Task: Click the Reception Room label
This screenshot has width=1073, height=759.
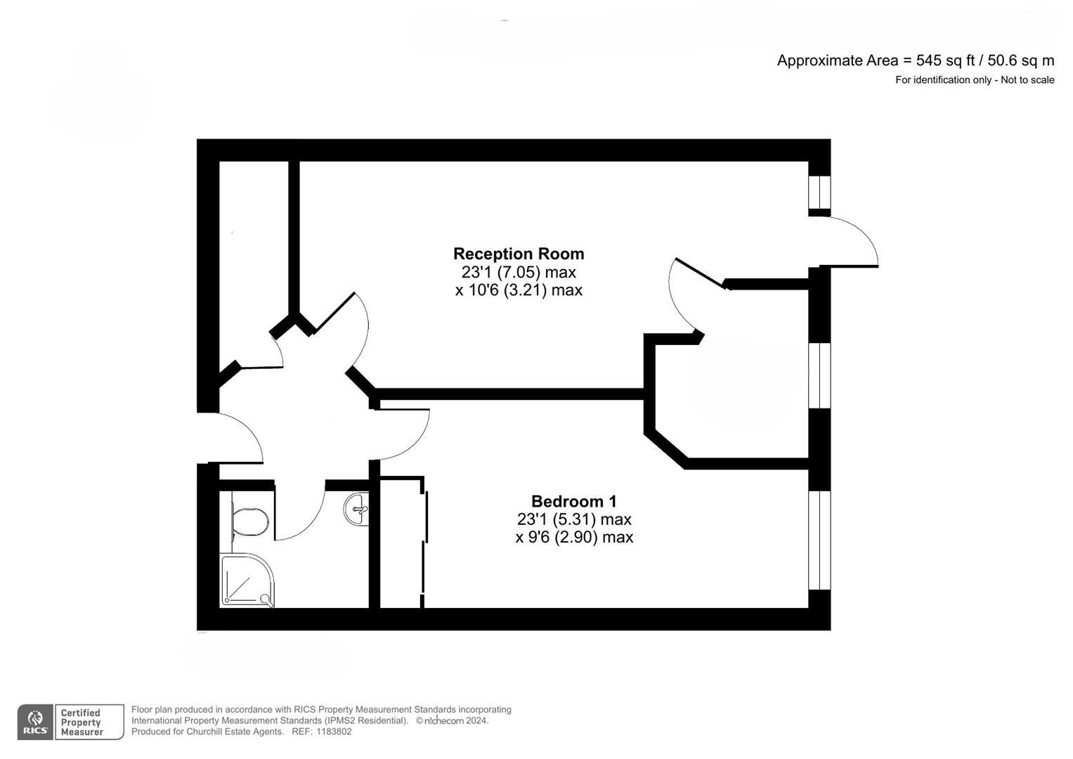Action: click(x=519, y=254)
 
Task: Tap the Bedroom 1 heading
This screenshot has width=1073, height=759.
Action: click(x=574, y=501)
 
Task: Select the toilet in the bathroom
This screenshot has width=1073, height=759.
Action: click(x=249, y=521)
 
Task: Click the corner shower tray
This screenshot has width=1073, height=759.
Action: click(x=246, y=580)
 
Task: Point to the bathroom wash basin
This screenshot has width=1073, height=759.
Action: click(x=357, y=509)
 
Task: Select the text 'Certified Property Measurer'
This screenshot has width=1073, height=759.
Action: click(x=82, y=722)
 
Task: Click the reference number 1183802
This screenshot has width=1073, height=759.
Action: click(x=333, y=732)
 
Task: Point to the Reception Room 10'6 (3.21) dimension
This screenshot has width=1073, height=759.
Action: click(x=519, y=290)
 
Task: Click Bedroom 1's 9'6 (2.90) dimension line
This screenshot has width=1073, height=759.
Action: click(x=574, y=537)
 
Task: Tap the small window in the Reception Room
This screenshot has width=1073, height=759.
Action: click(x=819, y=192)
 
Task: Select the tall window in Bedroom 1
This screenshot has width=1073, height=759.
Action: click(x=819, y=540)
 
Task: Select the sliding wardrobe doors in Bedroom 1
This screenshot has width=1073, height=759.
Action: click(x=424, y=541)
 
